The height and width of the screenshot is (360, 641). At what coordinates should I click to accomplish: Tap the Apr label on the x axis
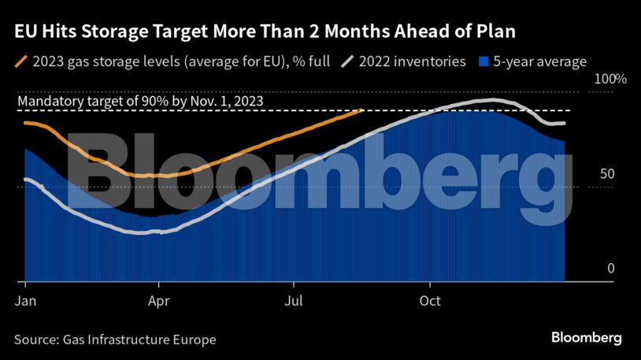(x=159, y=300)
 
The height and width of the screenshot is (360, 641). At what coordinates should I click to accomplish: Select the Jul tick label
(x=294, y=300)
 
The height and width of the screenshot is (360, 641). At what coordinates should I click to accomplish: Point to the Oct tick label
(x=429, y=300)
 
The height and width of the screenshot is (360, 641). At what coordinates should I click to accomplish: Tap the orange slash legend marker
(x=20, y=61)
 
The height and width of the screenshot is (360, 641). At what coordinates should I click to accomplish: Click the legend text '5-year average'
(x=540, y=61)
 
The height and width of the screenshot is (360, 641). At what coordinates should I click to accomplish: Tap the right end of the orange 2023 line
(x=361, y=109)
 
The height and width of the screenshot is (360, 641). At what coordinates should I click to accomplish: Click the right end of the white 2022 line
(x=564, y=123)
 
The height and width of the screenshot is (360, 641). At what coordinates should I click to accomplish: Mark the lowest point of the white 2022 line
(x=150, y=232)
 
